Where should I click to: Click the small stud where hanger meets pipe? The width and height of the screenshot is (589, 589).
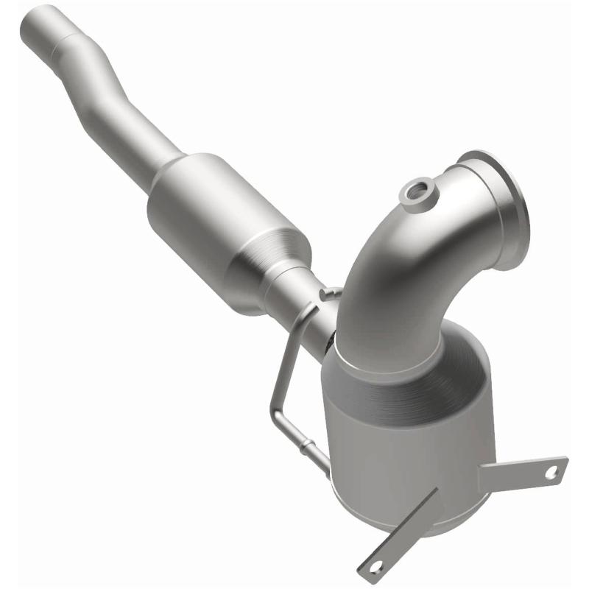[324, 294]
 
